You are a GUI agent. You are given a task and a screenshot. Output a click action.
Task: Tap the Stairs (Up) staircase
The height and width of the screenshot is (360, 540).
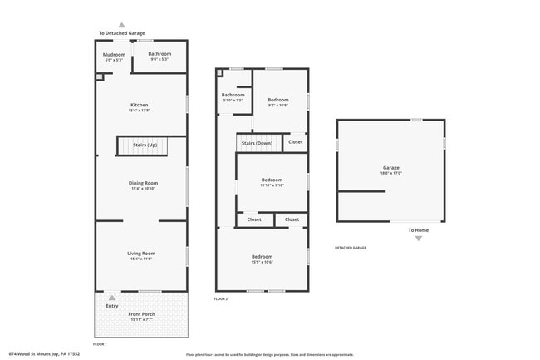[x=145, y=145]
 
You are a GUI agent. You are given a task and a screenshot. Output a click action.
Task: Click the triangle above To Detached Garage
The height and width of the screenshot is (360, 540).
[x=122, y=26]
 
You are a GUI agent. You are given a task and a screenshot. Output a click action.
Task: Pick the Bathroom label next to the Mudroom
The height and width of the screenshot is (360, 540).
[x=160, y=56]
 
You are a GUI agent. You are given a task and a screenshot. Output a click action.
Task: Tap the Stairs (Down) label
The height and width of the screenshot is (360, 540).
[x=257, y=143]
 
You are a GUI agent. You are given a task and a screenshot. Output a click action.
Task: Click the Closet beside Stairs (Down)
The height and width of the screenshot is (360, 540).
[x=295, y=142]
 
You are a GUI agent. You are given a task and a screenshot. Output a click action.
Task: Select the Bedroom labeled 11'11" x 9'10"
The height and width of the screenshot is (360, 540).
[x=272, y=181]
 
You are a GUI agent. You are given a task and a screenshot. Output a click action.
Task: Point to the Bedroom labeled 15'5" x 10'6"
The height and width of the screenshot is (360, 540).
[x=262, y=259]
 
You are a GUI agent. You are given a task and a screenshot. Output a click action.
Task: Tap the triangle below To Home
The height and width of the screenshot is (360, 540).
[x=418, y=239]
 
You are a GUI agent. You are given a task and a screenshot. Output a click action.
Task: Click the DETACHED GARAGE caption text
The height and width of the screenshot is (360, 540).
[x=350, y=248]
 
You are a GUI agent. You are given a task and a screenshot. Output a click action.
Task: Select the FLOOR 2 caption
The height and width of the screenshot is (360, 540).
[x=220, y=298]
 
